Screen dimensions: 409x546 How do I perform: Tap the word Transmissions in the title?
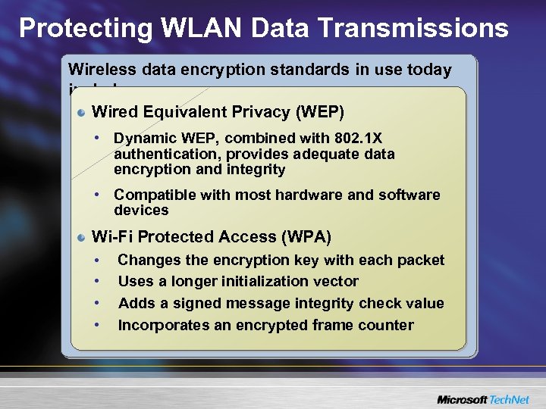413,28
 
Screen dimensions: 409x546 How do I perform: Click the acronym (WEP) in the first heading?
320,112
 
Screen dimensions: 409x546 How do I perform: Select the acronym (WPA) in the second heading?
307,237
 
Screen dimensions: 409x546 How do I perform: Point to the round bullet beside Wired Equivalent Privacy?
82,113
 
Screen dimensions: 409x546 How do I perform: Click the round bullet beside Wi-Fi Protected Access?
82,238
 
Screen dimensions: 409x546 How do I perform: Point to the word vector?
336,281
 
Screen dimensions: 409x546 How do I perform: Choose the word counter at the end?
388,325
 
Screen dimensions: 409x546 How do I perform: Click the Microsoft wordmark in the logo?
460,399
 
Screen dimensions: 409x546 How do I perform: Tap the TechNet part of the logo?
510,399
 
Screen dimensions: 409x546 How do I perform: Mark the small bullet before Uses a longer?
98,282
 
